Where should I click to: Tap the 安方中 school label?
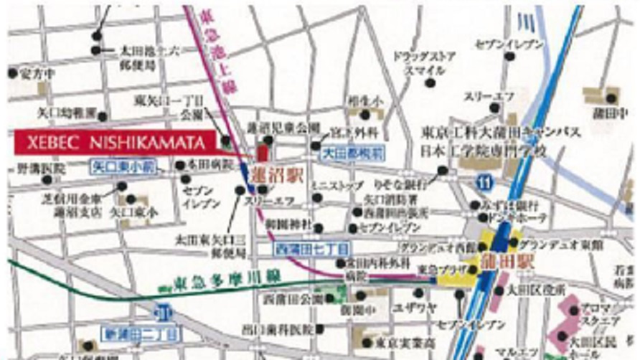point(37,74)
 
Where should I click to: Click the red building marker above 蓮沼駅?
point(261,152)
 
